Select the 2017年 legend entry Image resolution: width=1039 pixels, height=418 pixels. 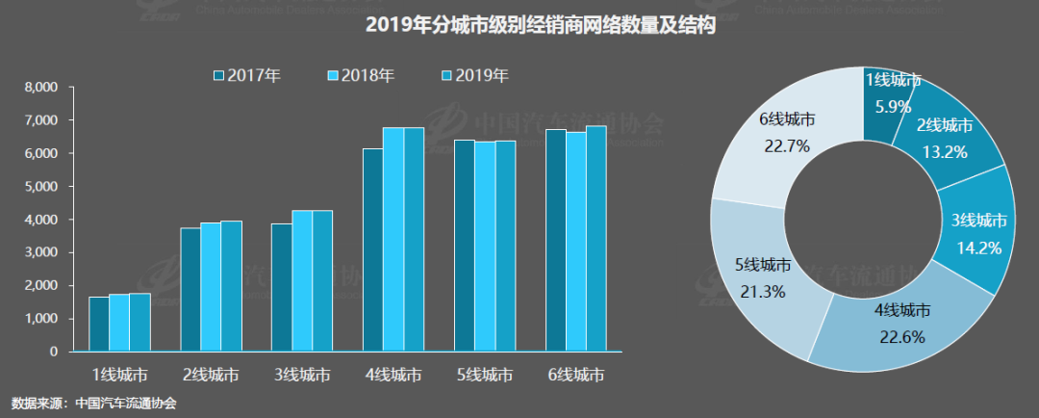246,75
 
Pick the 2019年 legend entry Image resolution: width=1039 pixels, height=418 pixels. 474,75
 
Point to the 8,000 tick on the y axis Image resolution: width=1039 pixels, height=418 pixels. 41,88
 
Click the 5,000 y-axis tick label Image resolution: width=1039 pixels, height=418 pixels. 41,187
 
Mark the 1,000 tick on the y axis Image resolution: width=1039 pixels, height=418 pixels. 41,319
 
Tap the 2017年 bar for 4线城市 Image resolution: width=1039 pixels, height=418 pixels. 372,250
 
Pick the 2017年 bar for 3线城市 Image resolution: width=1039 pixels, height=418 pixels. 281,288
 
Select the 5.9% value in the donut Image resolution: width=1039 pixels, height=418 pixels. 887,107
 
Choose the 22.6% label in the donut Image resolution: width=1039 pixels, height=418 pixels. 901,335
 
